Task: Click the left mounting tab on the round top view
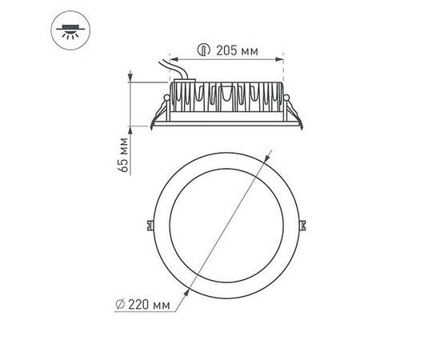152,225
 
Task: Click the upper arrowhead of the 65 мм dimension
130,77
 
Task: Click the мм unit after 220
162,305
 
